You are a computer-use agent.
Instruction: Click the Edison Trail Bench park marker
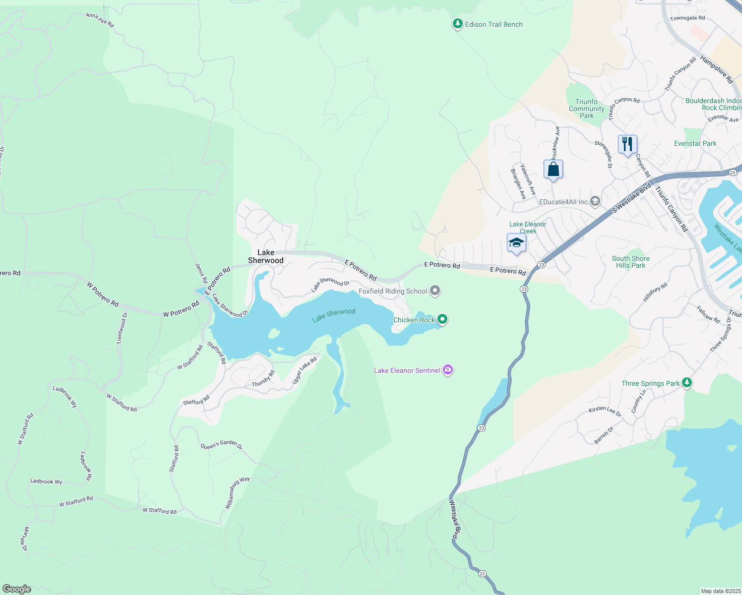coord(457,24)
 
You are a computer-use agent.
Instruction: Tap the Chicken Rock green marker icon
coord(442,319)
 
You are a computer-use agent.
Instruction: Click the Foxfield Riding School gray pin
coord(435,291)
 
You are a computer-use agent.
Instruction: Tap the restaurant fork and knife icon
coord(627,144)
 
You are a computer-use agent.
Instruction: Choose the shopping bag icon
coord(553,169)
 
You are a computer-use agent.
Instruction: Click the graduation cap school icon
coord(516,243)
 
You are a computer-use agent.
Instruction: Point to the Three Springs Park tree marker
coord(686,382)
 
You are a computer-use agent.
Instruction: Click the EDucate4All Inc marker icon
coord(595,201)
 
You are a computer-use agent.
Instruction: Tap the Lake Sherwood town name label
coord(266,256)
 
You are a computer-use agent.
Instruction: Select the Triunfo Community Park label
coord(586,109)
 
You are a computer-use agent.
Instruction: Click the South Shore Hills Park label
coord(630,262)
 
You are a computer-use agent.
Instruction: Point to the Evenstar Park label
coord(695,143)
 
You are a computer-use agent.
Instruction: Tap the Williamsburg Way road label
coord(238,492)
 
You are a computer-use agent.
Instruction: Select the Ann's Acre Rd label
coord(100,20)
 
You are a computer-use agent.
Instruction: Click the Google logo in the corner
coord(17,589)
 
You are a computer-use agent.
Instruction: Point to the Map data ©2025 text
coord(720,591)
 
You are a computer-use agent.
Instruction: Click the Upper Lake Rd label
coord(305,370)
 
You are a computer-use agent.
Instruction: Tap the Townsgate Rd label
coord(687,18)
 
